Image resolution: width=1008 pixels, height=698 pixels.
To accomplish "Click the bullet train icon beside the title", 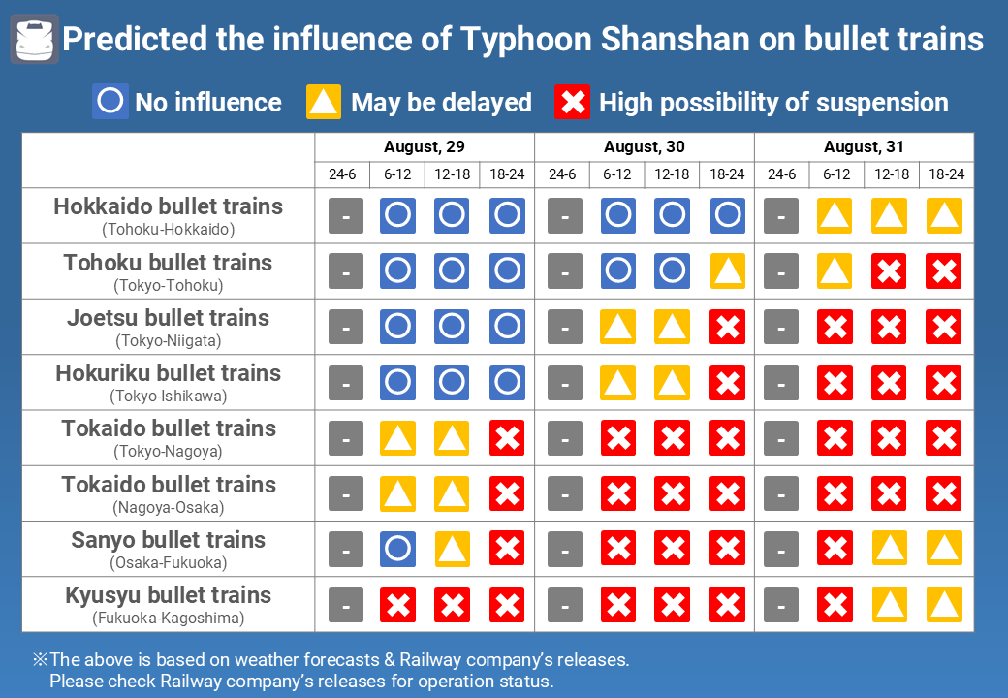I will point(35,40).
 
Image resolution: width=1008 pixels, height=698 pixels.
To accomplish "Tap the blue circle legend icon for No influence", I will point(110,102).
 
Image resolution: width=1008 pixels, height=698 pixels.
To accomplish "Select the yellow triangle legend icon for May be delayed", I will point(324,102).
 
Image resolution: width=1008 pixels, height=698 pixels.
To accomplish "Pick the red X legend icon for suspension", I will point(573,102).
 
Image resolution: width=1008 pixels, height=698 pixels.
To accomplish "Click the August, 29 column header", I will point(425,147).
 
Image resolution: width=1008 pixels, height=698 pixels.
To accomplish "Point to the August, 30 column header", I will point(645,147).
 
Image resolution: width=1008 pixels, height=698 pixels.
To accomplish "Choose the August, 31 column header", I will point(864,147).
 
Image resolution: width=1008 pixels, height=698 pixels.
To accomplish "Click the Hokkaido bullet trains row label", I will point(169,206).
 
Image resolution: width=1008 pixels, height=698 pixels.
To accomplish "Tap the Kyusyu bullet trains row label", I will point(169,595).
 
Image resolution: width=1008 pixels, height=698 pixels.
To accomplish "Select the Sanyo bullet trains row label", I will point(169,540).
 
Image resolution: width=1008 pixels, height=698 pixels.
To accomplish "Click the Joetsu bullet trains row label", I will point(169,318).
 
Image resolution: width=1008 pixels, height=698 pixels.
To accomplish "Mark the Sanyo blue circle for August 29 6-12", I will point(397,550).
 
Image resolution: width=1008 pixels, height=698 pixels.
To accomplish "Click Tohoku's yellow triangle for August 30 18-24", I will point(728,272).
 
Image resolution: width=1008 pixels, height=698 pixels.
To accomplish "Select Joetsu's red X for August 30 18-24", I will point(728,328).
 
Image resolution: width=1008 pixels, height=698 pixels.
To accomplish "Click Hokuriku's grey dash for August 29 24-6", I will point(345,383).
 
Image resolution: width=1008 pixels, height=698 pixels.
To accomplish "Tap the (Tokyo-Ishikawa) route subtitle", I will point(169,396).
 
